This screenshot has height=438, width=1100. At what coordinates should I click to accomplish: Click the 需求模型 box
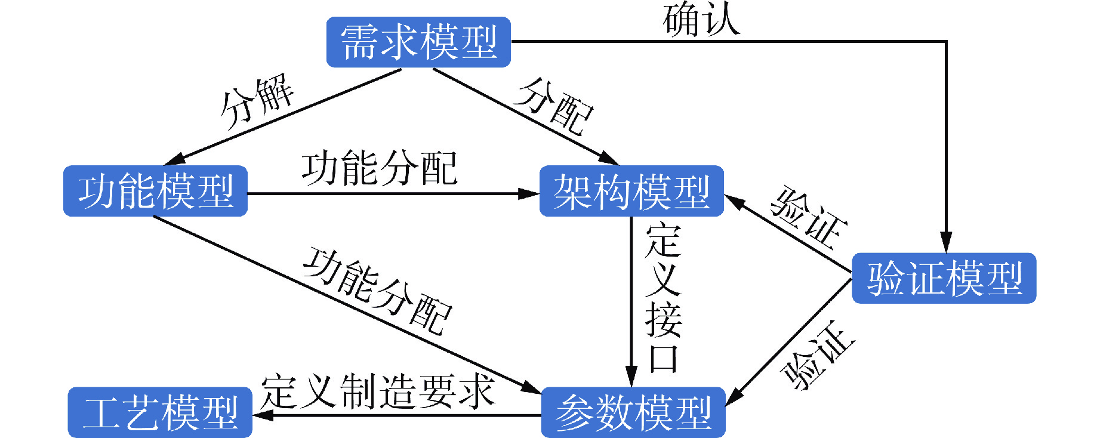point(418,42)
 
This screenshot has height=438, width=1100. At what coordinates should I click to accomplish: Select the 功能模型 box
point(155,191)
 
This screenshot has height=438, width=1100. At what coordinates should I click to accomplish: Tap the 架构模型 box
point(631,191)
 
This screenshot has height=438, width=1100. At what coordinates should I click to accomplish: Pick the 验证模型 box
point(944,278)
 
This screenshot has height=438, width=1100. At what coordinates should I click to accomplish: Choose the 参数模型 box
point(633,412)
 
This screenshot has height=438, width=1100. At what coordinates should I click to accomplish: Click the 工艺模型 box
point(160,412)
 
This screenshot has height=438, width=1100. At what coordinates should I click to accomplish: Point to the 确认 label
point(701,19)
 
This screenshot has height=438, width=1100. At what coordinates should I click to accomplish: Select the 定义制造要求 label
point(378,391)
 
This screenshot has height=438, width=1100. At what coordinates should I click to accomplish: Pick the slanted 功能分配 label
point(377,291)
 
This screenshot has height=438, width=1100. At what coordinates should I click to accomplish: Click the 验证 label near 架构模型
point(809,217)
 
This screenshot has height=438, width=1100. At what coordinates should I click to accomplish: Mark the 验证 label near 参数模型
point(818,354)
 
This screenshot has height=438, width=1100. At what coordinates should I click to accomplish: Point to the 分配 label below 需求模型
point(555,106)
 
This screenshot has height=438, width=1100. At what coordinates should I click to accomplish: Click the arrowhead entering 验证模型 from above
point(946,243)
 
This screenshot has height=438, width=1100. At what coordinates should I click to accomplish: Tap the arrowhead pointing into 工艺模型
point(263,415)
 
